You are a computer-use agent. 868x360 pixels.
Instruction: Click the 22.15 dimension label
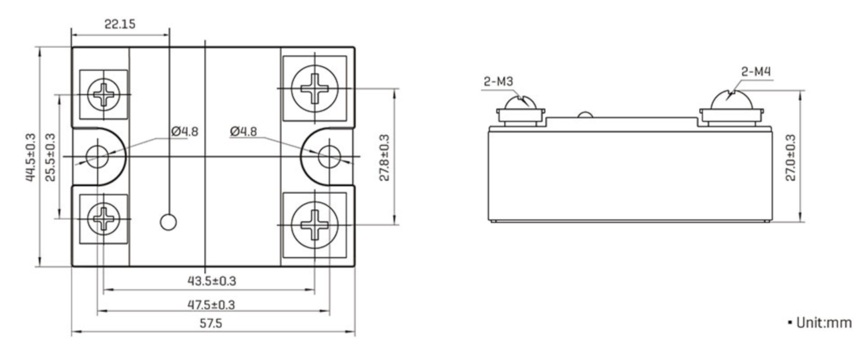pos(120,24)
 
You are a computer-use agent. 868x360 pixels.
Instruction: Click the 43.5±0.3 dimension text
pos(212,281)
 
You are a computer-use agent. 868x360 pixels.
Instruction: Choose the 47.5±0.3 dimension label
pos(212,305)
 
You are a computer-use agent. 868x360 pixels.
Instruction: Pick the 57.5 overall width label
pos(212,324)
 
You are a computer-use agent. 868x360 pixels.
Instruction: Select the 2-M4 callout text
pos(757,71)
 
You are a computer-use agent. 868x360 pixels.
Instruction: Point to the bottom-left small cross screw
pos(104,217)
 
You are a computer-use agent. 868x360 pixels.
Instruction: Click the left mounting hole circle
pos(96,156)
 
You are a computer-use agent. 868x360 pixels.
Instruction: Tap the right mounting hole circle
pos(328,156)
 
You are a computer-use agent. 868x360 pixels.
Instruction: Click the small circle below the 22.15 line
pos(170,222)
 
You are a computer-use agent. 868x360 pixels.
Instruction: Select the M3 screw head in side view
pos(521,106)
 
